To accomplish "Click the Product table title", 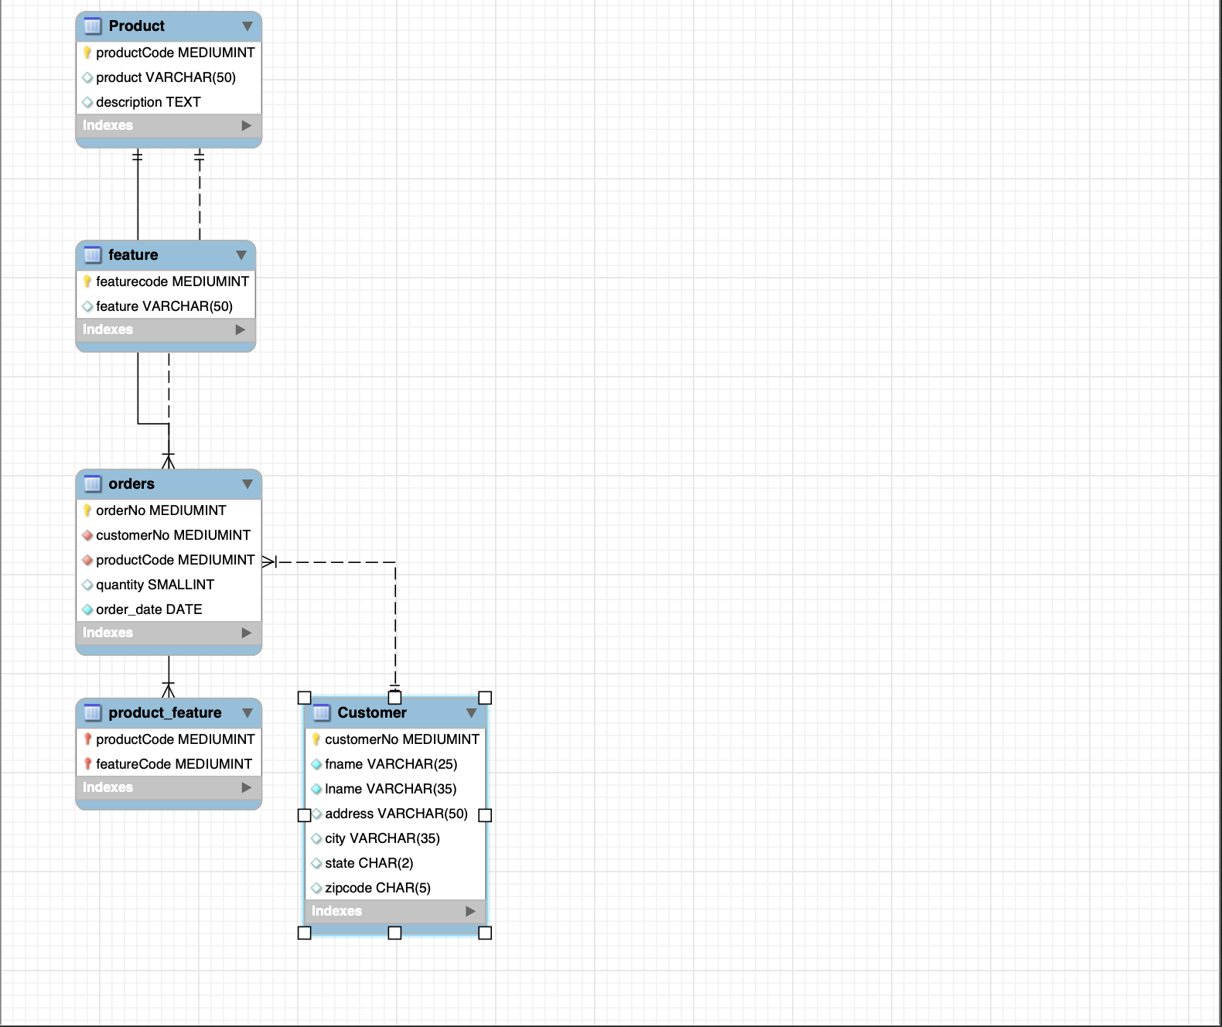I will tap(136, 26).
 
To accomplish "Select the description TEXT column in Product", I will tap(148, 102).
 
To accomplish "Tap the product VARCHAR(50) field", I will tap(166, 77).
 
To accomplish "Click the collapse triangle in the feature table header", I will tap(241, 255).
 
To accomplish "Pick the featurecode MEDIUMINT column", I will tap(172, 281).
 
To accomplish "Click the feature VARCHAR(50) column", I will tap(164, 306).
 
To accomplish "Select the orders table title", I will tap(131, 484).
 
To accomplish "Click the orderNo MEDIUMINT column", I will tap(161, 510).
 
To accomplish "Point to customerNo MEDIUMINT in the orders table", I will tap(173, 535).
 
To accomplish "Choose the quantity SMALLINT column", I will tap(155, 585).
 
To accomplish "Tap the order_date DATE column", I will tap(148, 609).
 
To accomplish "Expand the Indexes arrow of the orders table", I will tap(247, 633).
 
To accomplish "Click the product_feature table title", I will tap(165, 713).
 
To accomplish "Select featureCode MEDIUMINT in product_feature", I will tap(174, 764).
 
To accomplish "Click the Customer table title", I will tap(372, 713).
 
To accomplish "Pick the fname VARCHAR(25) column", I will tap(391, 764).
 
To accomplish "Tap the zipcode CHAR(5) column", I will tap(377, 888).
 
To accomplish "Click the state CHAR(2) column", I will tap(369, 863).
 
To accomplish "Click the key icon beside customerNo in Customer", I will tap(316, 739).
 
